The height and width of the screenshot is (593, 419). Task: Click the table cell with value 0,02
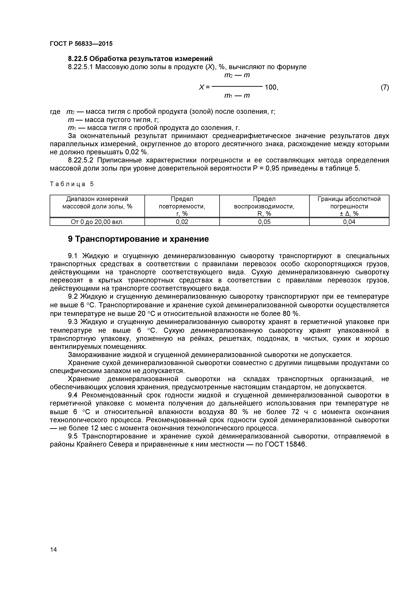(x=182, y=222)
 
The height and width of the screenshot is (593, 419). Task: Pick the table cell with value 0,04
(x=349, y=222)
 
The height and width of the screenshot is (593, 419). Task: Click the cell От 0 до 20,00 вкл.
(x=97, y=222)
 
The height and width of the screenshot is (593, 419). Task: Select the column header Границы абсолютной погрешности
(x=349, y=206)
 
